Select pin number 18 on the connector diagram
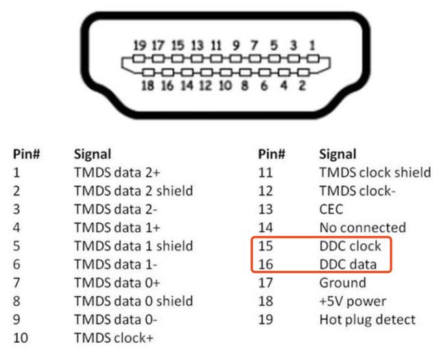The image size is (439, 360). click(147, 86)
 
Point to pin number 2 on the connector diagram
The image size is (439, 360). click(302, 86)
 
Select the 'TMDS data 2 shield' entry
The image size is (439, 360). click(133, 191)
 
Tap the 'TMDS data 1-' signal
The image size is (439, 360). click(116, 264)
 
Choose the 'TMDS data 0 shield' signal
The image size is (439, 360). click(133, 301)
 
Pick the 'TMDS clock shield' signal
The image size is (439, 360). click(375, 172)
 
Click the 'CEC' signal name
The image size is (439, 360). click(331, 209)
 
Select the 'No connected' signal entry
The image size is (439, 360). click(363, 228)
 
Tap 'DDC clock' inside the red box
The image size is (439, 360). click(350, 245)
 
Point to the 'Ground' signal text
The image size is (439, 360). click(343, 283)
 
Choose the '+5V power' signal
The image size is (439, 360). click(353, 301)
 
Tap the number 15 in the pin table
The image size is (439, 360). click(265, 245)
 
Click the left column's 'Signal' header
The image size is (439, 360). click(93, 154)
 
